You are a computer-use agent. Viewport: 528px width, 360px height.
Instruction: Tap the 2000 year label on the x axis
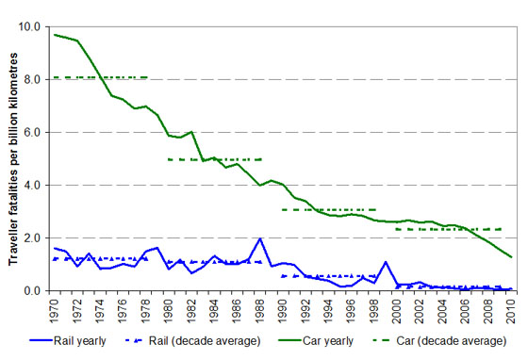[397, 309]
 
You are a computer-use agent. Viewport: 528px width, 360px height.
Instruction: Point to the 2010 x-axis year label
[511, 309]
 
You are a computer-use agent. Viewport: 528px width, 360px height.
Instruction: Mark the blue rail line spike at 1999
[386, 262]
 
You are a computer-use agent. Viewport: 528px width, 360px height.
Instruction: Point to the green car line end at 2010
[511, 257]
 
